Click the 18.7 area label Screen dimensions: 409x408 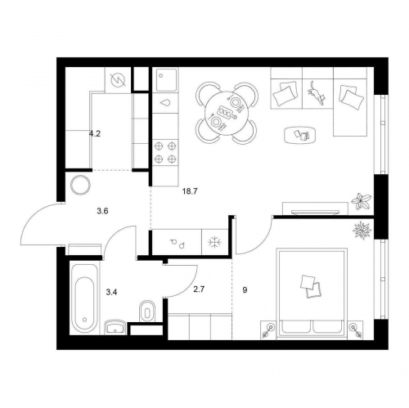[190, 191]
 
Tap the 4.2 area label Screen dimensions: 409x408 [95, 134]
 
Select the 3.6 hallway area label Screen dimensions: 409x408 [102, 211]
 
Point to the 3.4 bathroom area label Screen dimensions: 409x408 [111, 293]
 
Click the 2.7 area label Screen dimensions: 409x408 [199, 289]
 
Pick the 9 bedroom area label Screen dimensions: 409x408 [245, 290]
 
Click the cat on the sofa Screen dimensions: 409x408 [317, 92]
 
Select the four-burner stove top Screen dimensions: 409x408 [165, 153]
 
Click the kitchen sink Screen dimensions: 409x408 [165, 79]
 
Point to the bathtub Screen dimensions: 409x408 [84, 298]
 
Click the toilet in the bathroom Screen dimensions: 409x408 [147, 312]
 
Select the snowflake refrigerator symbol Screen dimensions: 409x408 [214, 242]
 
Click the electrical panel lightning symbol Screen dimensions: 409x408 [119, 80]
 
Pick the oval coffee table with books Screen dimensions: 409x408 [300, 135]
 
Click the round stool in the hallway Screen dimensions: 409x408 [80, 186]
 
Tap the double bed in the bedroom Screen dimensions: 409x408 [312, 294]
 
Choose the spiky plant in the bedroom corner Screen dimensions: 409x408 [362, 231]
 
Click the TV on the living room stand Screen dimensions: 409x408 [314, 212]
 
